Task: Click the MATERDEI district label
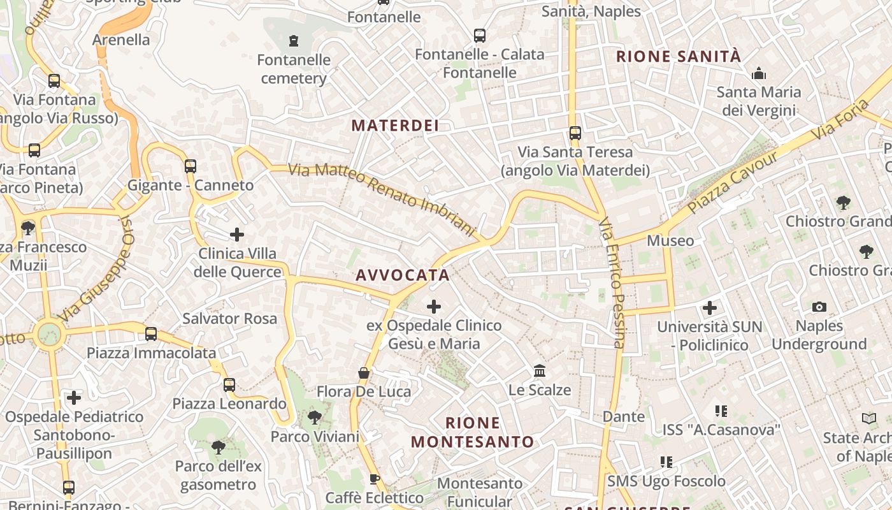click(x=395, y=126)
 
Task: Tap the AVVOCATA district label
click(x=403, y=275)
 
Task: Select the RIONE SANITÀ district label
click(x=679, y=57)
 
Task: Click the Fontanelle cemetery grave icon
click(x=294, y=41)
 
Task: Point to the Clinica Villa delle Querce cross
click(x=237, y=235)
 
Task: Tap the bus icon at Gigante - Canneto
click(x=191, y=166)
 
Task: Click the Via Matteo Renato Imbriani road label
click(x=382, y=199)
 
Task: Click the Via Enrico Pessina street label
click(x=611, y=283)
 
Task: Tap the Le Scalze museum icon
click(x=540, y=370)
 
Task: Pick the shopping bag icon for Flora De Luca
click(x=364, y=373)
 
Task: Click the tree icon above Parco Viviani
click(x=314, y=418)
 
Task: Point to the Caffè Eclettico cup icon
click(x=375, y=479)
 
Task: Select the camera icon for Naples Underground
click(x=819, y=307)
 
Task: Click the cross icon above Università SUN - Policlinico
click(x=710, y=309)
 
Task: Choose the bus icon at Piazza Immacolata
click(x=151, y=333)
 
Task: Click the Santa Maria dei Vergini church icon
click(x=759, y=74)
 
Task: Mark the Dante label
click(x=624, y=417)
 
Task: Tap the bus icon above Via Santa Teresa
click(x=575, y=133)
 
